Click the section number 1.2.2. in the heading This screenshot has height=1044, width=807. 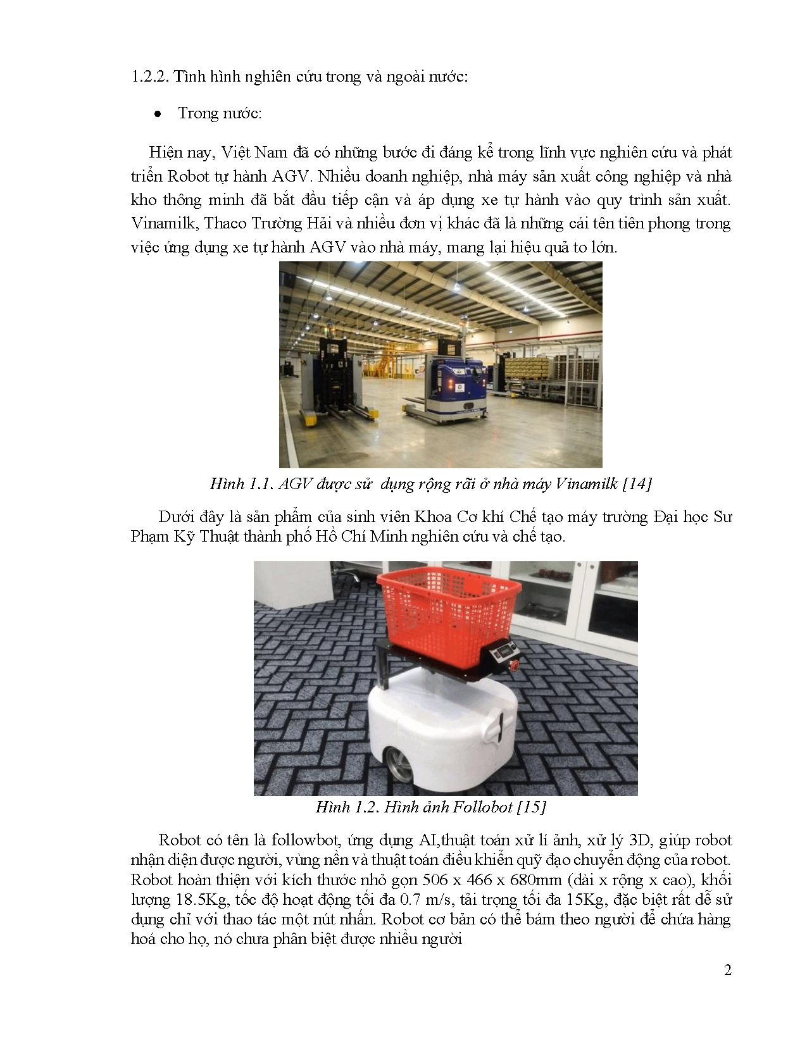coord(149,77)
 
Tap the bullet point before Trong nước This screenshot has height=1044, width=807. coord(158,115)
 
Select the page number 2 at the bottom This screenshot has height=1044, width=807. coord(727,970)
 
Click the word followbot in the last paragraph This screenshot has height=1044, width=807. coord(304,840)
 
